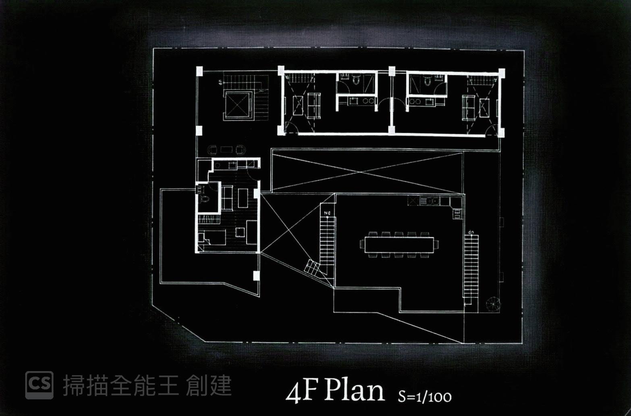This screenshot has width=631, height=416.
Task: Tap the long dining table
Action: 399,245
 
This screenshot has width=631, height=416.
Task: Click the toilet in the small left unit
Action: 204,199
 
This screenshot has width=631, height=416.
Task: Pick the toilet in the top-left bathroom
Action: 356,80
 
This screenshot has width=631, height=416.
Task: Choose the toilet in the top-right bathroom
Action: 428,81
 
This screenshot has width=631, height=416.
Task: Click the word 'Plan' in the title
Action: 354,391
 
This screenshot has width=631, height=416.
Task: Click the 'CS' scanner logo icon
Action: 39,385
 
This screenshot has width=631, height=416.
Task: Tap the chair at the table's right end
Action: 436,244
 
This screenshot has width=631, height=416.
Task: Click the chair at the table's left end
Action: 361,244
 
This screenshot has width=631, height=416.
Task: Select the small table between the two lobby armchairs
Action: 226,150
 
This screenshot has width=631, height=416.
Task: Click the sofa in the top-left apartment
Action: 314,106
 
